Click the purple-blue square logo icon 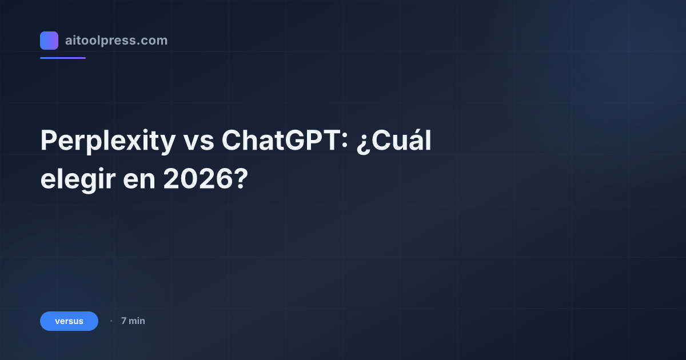point(49,41)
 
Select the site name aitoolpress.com point(116,41)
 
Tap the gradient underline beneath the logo point(63,58)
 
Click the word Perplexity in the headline point(107,141)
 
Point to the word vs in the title point(198,141)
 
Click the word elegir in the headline point(76,180)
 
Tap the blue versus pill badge point(69,321)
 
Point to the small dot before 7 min point(111,321)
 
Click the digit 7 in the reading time point(123,321)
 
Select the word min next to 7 point(137,321)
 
